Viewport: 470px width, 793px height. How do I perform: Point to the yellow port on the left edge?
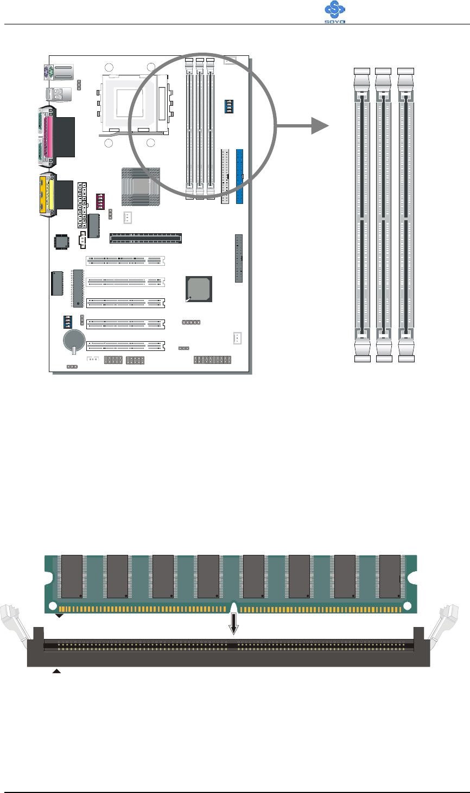pos(45,194)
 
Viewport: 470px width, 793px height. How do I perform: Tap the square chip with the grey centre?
pos(199,289)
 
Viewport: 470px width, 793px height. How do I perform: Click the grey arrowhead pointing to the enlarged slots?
pos(320,126)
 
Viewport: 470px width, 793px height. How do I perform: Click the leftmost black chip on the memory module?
pos(72,575)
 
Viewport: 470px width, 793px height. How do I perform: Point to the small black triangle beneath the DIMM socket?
pos(56,672)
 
